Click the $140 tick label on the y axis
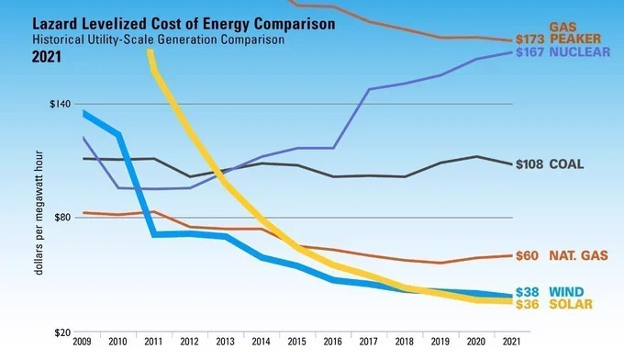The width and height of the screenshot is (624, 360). coord(60,104)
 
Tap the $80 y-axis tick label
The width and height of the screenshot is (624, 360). coord(62,218)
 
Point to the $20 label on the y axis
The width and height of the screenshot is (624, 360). coord(62,332)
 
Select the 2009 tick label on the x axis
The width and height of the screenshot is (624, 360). coord(82,342)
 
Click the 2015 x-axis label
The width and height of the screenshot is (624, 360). coord(297,342)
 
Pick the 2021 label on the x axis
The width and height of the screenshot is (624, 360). coord(512,342)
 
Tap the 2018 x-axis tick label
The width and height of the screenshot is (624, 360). coord(405,342)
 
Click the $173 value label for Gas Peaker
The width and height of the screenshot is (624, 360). coord(530,39)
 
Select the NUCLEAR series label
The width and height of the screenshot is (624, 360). coord(580,52)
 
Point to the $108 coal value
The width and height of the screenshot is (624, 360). coord(529,164)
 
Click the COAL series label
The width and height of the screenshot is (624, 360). coord(566,164)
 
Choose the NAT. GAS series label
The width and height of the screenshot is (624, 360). coord(579,255)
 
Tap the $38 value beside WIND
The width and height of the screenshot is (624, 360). coord(528,292)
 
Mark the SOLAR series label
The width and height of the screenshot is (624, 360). coord(571,304)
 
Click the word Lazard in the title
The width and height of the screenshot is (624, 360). coord(55,24)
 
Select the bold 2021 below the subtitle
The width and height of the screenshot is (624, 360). coord(47,57)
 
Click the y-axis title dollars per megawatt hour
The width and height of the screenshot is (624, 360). coord(39,213)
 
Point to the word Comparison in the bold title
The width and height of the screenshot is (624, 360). coord(295,25)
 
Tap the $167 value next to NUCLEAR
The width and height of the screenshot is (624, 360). coord(529,52)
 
